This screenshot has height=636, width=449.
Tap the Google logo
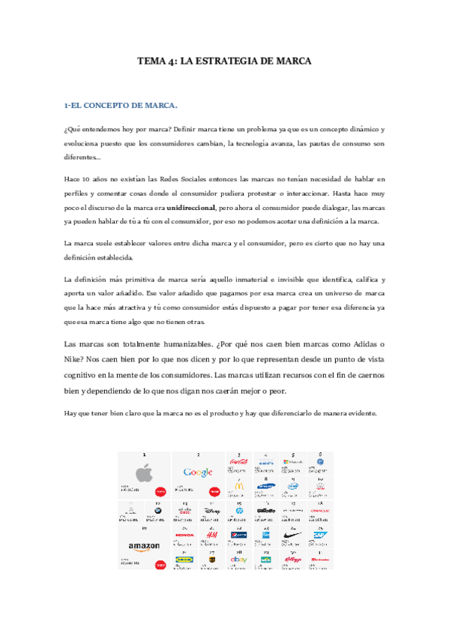(198, 472)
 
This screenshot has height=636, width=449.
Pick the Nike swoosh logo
(293, 534)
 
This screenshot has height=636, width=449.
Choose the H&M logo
(211, 534)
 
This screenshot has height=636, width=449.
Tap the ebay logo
(238, 559)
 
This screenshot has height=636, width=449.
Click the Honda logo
(184, 534)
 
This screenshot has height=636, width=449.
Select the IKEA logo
(184, 559)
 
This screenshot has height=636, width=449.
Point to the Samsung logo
(265, 486)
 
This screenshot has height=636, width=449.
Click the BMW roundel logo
(157, 511)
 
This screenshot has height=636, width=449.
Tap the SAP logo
(320, 534)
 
